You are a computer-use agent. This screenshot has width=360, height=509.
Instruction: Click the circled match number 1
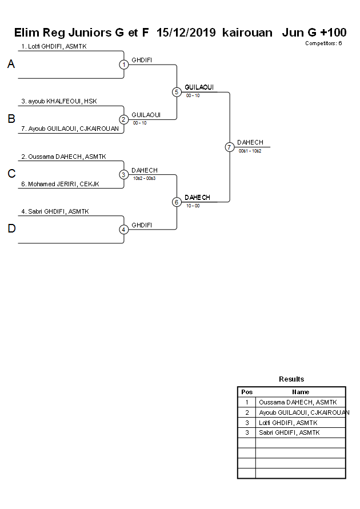pos(123,65)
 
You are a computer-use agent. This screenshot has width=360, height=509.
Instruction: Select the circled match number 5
pos(177,92)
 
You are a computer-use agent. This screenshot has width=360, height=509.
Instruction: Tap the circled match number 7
pos(229,147)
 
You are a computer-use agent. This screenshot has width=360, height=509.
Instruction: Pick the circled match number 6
pos(177,202)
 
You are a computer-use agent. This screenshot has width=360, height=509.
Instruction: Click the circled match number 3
pos(123,174)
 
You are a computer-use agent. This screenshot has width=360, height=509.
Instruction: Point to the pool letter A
pos(11,65)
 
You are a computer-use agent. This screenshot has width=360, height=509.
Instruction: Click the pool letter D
pos(11,229)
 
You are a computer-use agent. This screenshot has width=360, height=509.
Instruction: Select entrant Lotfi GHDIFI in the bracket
pos(54,46)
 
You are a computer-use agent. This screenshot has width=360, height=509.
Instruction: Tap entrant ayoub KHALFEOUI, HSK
pos(59,101)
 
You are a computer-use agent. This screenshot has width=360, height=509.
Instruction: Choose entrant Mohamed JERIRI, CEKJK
pos(60,183)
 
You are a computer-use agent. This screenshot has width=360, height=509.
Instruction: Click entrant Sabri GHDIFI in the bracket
pos(55,211)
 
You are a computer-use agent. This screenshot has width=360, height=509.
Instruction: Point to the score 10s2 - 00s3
pos(144,178)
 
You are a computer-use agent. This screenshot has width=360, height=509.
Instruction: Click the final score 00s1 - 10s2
pos(250,151)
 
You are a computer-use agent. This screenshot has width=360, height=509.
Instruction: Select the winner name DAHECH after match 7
pos(250,142)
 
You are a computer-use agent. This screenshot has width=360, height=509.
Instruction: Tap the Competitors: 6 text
pos(323,43)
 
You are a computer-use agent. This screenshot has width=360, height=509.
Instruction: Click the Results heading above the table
pos(291,379)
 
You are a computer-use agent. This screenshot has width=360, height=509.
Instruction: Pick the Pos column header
pos(247,392)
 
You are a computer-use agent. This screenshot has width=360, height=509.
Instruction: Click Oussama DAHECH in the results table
pos(298,402)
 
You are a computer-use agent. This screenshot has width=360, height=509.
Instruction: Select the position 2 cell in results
pos(247,412)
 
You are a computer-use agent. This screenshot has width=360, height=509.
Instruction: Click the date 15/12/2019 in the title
pos(186,33)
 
